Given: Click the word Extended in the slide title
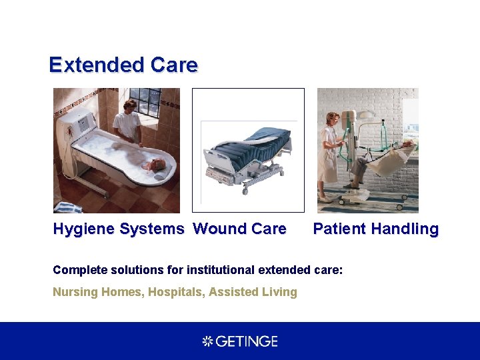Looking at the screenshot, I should point(96,65).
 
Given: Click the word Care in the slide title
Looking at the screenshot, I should point(174,65).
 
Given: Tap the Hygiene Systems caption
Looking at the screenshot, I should point(119,229).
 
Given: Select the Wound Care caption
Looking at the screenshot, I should point(239,229).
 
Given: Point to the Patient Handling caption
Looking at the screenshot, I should point(375,229).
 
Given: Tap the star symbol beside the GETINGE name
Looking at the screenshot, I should point(207,341).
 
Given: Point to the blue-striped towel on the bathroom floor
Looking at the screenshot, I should point(67,207).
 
